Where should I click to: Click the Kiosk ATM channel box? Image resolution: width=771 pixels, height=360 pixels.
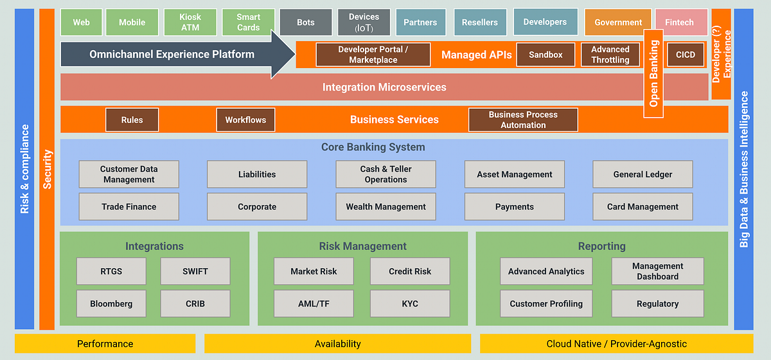pos(190,22)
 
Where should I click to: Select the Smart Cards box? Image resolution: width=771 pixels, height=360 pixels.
pos(248,22)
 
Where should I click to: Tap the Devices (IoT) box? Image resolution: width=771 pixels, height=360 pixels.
pos(364,22)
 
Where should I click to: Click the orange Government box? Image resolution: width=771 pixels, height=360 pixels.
pos(617,22)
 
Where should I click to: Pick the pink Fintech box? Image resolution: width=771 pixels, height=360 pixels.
pos(679,22)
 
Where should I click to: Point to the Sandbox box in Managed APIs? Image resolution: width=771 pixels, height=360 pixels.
pos(545,55)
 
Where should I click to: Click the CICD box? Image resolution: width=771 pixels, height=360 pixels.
pos(686,55)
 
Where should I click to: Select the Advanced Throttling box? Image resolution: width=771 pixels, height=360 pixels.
pos(610,55)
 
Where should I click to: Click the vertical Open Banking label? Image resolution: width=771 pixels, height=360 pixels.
pos(654,73)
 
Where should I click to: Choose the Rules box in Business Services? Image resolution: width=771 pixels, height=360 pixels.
pos(132,120)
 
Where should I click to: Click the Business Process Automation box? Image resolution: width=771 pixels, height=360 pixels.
pos(523,120)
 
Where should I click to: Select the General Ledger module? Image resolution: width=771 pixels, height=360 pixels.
pos(642,174)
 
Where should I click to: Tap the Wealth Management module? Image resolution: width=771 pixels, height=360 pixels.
pos(385,207)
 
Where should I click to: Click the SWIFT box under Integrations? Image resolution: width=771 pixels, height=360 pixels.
pos(195,271)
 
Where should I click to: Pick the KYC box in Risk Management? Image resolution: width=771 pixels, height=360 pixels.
pos(409,303)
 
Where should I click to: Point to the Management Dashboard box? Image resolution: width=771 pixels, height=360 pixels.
pos(657,271)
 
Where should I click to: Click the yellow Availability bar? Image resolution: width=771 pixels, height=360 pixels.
pos(337,344)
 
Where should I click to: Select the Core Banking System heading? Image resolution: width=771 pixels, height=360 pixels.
pos(373,147)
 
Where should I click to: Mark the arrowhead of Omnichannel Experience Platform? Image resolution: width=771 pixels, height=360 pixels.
pos(283,54)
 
